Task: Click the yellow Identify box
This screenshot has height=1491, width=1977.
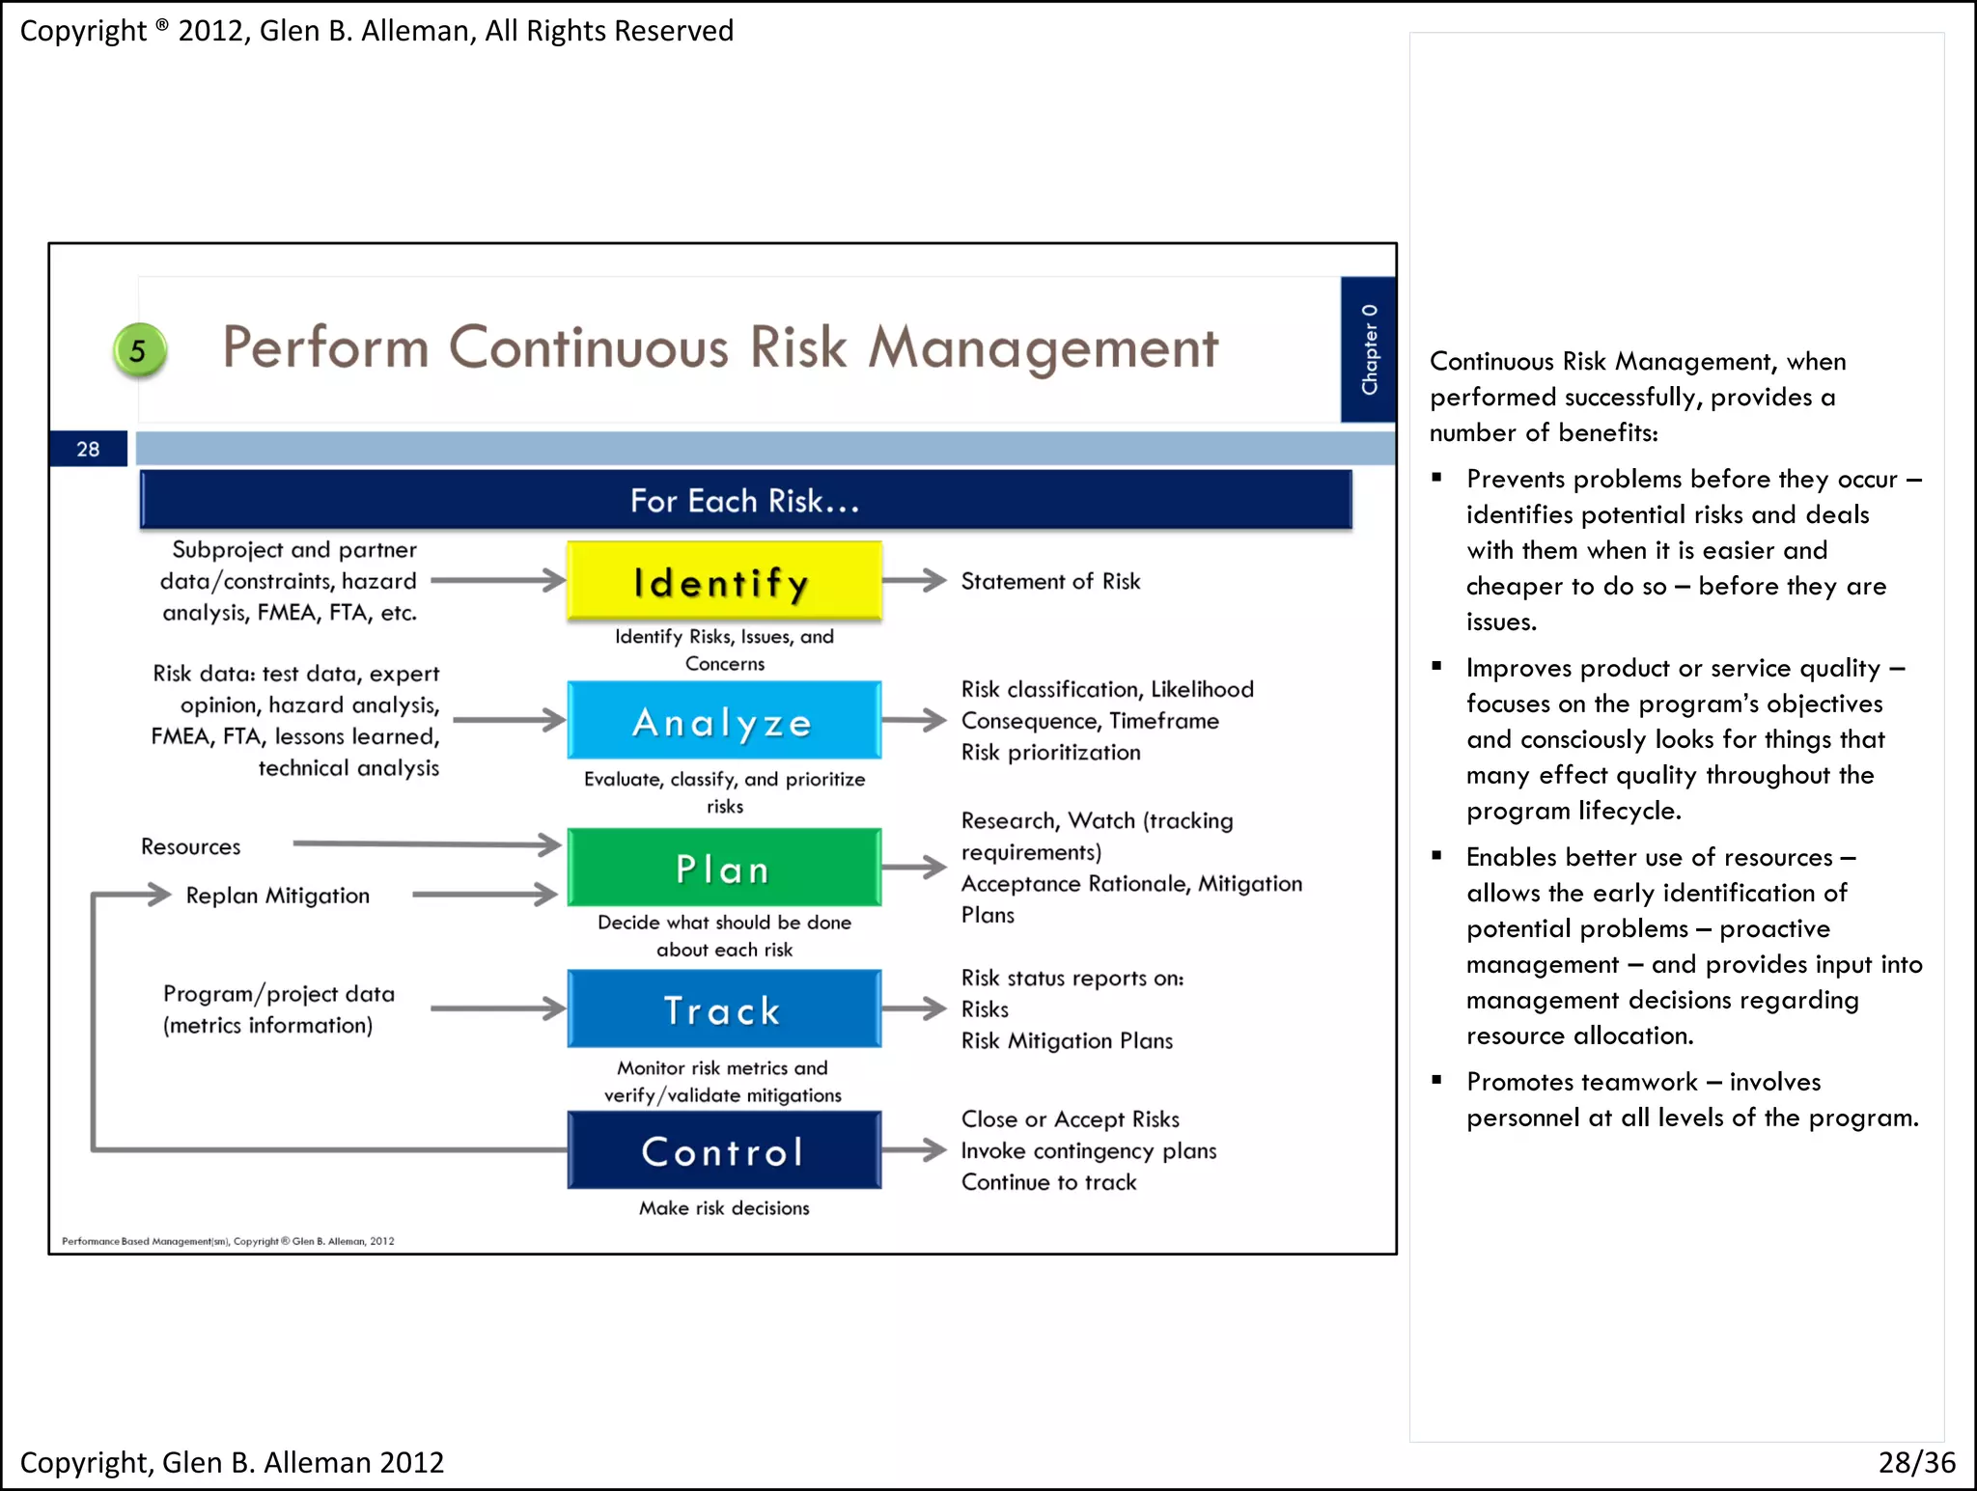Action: tap(724, 581)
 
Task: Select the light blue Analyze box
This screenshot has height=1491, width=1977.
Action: tap(724, 721)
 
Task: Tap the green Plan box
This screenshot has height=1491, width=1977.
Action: tap(724, 868)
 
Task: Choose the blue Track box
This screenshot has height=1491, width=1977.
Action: tap(724, 1009)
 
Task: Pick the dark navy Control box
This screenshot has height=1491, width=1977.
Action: tap(724, 1150)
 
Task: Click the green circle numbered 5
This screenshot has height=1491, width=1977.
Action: tap(139, 350)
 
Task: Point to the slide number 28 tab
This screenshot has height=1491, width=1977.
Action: tap(88, 449)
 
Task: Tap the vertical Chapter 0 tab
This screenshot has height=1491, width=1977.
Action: tap(1368, 349)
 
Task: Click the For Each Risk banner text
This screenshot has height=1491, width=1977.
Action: tap(744, 501)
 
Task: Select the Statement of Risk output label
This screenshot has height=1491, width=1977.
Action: tap(1050, 581)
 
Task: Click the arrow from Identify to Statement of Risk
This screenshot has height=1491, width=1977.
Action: tap(914, 580)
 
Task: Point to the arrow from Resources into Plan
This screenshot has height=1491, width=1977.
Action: tap(427, 844)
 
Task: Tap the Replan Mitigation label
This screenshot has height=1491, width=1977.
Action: tap(277, 896)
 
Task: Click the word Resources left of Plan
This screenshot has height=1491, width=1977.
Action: tap(190, 846)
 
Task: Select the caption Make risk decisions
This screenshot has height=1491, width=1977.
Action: tap(724, 1208)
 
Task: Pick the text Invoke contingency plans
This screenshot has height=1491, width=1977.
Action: tap(1088, 1150)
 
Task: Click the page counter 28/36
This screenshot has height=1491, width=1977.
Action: tap(1916, 1462)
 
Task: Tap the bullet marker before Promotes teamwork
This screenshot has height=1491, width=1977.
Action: tap(1437, 1080)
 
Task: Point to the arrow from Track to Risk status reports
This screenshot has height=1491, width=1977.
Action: tap(914, 1009)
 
